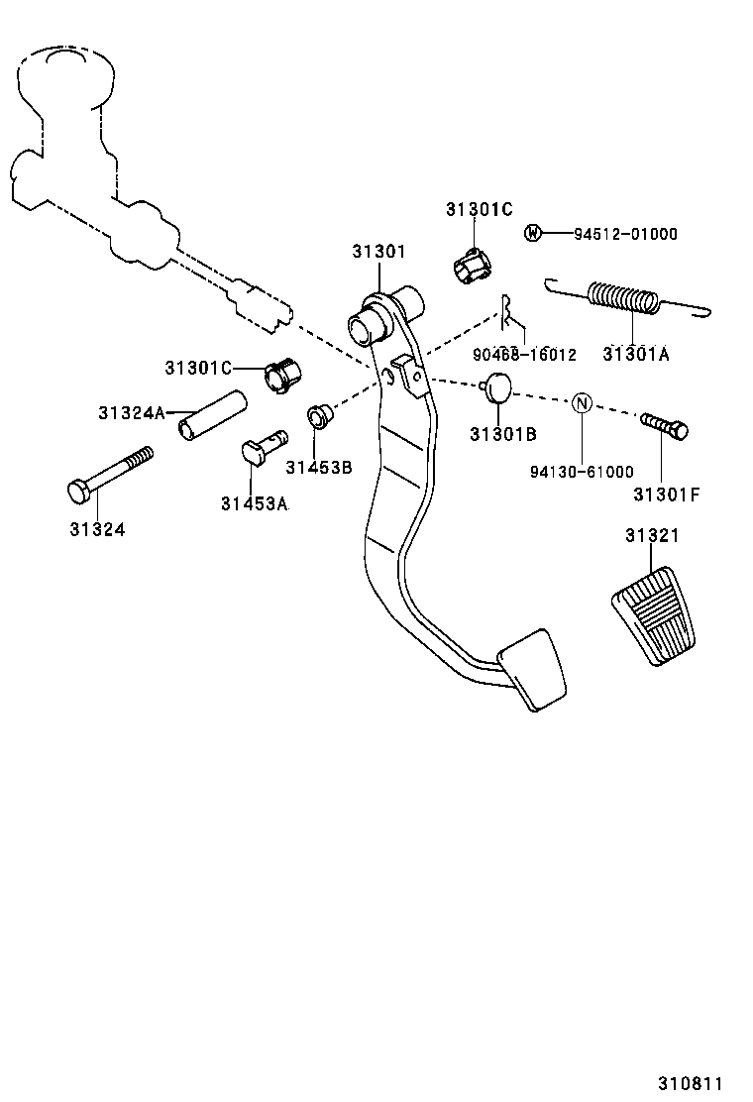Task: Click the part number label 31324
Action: point(97,529)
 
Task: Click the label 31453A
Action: point(254,503)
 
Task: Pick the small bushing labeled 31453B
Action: point(320,416)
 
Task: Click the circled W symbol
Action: point(533,234)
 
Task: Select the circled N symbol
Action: point(583,402)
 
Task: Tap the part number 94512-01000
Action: point(625,235)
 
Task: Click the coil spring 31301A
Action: point(624,297)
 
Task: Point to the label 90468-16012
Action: point(525,354)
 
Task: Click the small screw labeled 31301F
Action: point(666,426)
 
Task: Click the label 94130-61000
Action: point(582,472)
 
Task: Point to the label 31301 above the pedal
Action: point(378,252)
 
